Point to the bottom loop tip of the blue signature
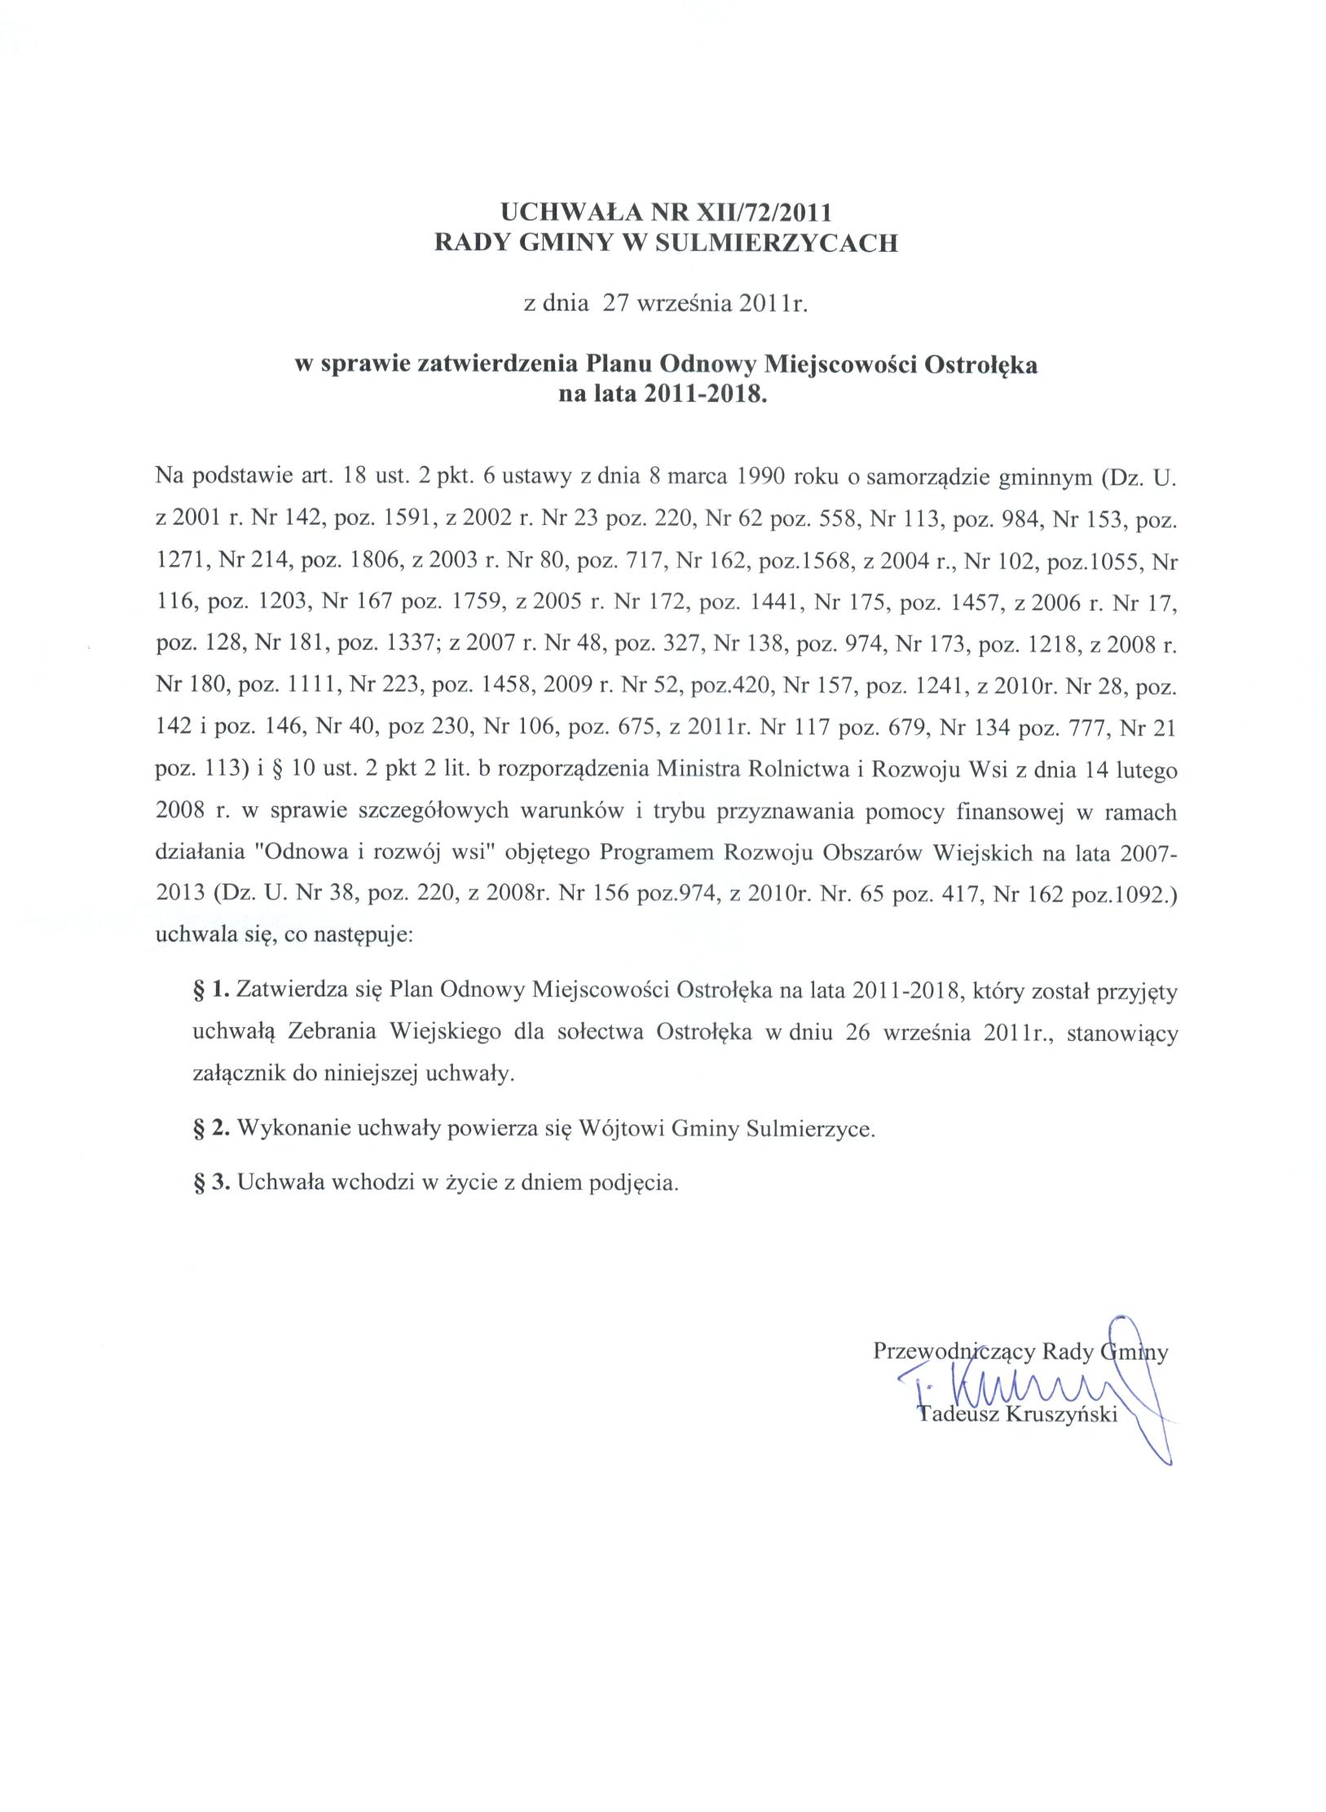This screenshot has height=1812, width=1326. point(1168,1465)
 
